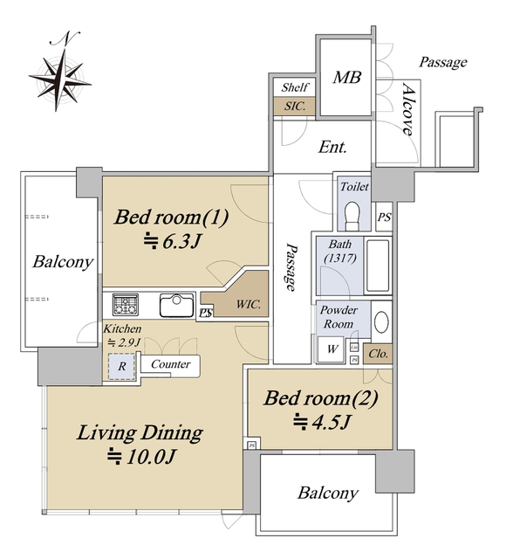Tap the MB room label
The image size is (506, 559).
point(347,78)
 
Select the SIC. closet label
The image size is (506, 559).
point(295,106)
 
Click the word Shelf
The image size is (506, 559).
point(295,87)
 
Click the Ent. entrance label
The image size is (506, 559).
point(332,147)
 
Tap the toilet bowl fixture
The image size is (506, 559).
point(352,216)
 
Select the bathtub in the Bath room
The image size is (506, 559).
point(378,266)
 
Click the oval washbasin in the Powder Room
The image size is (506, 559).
point(382,322)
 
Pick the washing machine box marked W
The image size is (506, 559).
point(332,349)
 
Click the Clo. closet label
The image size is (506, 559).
point(378,354)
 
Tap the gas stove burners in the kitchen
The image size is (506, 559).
point(126,305)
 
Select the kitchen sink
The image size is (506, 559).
point(176,305)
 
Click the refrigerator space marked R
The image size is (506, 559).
point(122,366)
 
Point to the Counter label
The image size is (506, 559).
point(170,364)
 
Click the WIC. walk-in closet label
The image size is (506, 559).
point(248,305)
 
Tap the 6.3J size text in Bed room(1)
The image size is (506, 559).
point(173,242)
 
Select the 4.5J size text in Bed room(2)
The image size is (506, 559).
point(322,423)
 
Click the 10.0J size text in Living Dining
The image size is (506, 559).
point(141,457)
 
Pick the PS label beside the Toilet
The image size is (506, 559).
point(384,217)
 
